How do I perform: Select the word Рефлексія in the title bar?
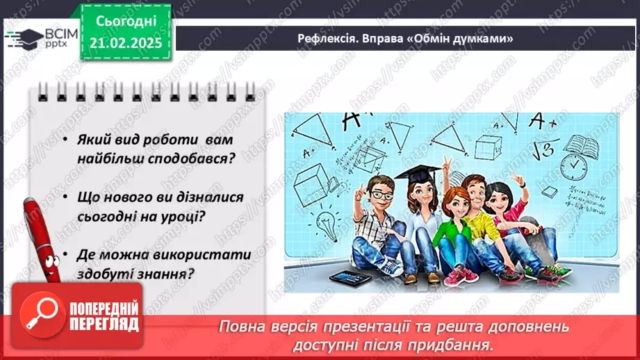322,38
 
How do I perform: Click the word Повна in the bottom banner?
244,326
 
